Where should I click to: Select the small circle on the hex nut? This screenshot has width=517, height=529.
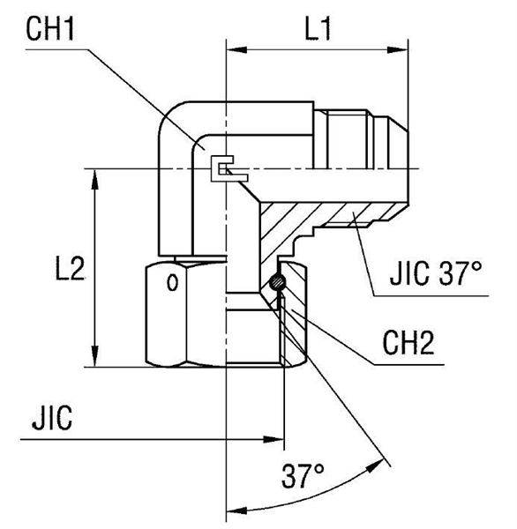click(173, 284)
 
